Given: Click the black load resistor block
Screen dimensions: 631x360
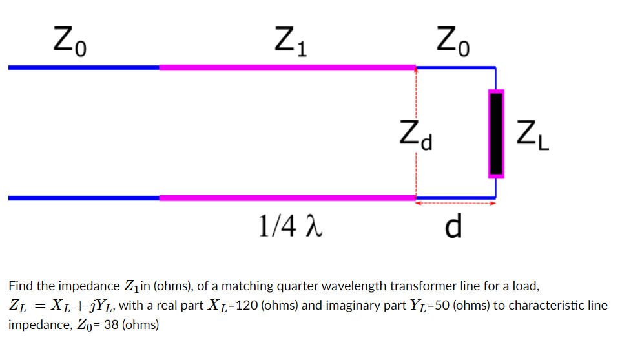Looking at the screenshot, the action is [x=496, y=134].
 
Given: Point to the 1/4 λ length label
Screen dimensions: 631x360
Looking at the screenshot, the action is [x=289, y=226].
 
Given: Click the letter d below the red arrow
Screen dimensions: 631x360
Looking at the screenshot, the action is [x=454, y=226].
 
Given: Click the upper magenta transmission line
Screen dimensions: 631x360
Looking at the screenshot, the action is [x=287, y=67].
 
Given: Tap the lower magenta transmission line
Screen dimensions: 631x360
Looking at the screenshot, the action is [x=287, y=198].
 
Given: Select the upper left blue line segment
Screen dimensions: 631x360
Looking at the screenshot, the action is [x=84, y=67].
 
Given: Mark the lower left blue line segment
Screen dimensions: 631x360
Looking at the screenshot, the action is [x=84, y=198].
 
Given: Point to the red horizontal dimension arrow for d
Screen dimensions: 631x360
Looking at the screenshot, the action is [x=455, y=204].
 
